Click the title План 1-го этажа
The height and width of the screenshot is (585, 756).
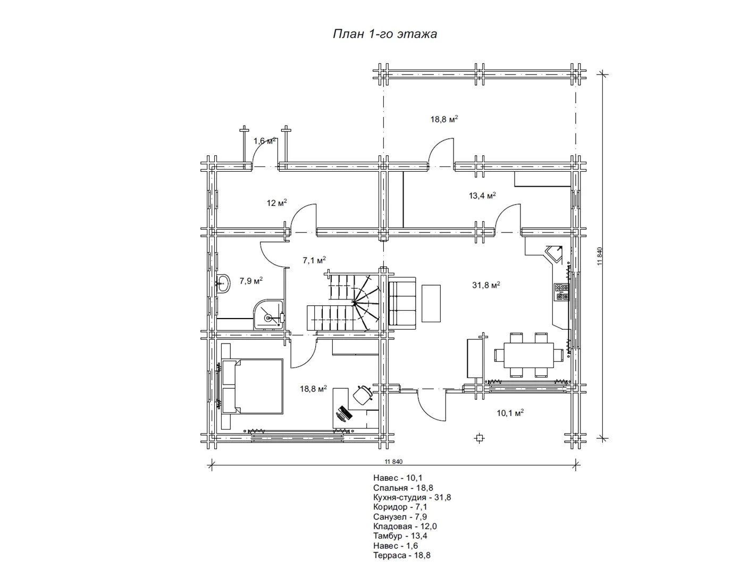tap(385, 34)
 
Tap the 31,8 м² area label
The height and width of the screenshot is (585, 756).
tap(486, 285)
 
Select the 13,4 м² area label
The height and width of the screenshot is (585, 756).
tap(482, 196)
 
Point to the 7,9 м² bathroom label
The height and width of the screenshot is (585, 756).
tap(251, 280)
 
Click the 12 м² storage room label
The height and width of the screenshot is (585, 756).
tap(276, 203)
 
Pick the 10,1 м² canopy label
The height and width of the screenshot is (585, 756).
tap(510, 413)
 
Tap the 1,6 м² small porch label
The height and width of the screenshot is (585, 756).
tap(264, 140)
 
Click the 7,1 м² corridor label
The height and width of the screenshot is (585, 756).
tap(314, 260)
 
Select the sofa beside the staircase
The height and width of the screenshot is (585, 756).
tap(402, 303)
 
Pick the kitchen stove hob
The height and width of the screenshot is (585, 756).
tap(561, 291)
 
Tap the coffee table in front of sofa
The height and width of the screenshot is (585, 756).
tap(431, 304)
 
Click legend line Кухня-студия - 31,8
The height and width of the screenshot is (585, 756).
tap(412, 497)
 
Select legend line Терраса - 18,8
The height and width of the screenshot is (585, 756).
tap(402, 555)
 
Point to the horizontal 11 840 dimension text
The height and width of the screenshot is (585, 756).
tap(393, 462)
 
